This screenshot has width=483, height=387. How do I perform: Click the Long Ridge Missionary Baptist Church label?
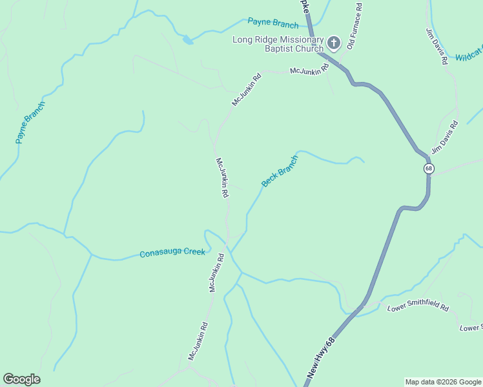click(278, 45)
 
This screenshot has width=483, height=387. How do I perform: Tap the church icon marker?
click(333, 43)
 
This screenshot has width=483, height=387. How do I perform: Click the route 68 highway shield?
click(429, 168)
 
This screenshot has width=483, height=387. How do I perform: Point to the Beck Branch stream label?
click(280, 172)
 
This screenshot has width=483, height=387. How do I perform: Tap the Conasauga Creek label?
click(172, 253)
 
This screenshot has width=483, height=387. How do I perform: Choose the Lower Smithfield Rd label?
click(418, 308)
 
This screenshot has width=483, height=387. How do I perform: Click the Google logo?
click(21, 379)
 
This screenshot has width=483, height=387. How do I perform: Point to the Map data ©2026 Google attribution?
click(444, 382)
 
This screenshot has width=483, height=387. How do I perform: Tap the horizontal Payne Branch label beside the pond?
click(273, 24)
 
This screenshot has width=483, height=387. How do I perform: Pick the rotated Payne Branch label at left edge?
click(30, 123)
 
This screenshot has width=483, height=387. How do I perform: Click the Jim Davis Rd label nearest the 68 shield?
click(444, 138)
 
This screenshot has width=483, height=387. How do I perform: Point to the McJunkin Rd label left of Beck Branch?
click(221, 177)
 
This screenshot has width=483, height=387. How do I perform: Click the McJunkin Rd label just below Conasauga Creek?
click(216, 273)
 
